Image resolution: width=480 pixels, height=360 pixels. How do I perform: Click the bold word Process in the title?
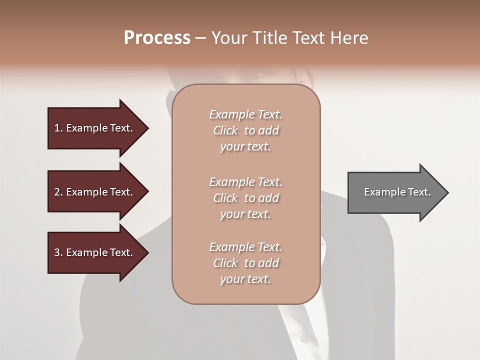tap(157, 38)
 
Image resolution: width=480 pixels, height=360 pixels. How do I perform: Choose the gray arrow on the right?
tap(395, 192)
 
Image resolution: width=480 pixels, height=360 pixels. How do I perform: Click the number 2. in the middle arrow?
tap(58, 192)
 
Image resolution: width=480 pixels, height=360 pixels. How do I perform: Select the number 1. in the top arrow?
tap(58, 128)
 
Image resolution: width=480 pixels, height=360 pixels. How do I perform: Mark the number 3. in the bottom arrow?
tap(58, 252)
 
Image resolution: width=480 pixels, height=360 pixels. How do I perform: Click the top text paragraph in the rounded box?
tap(245, 130)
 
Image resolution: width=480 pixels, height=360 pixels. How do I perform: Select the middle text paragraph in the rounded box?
tap(245, 198)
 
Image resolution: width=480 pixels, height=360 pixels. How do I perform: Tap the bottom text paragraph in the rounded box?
tap(245, 263)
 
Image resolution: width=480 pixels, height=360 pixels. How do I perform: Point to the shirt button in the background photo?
tap(304, 338)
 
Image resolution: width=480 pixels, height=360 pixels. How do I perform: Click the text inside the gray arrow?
tap(397, 192)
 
